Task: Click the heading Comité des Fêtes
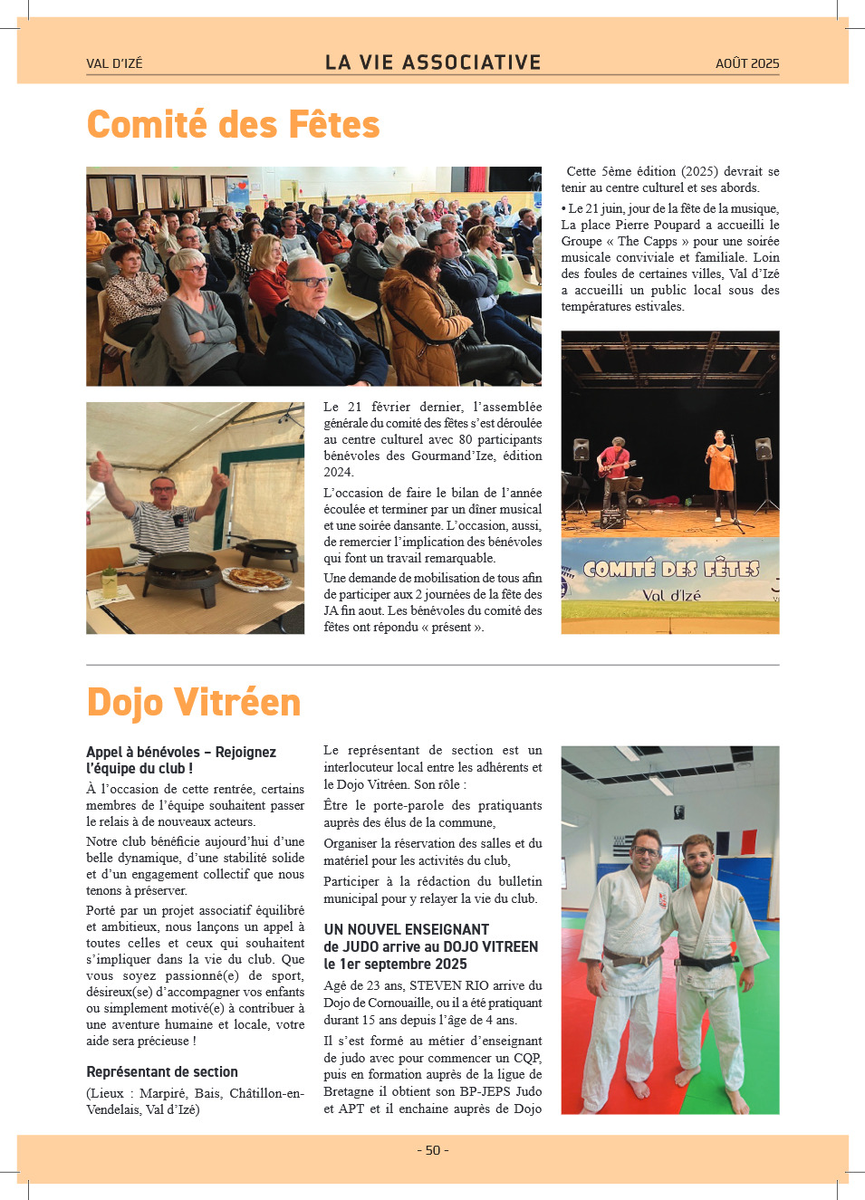[x=233, y=125]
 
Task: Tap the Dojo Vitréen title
[x=193, y=703]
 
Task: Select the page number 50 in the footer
[x=433, y=1150]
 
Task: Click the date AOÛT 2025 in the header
[x=746, y=63]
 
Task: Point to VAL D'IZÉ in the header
[x=114, y=63]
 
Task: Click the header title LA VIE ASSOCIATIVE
[x=433, y=62]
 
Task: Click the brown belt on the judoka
[x=633, y=955]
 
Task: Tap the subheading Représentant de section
[x=162, y=1072]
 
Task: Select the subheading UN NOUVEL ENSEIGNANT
[x=406, y=930]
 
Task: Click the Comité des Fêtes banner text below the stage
[x=670, y=570]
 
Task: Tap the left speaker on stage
[x=581, y=450]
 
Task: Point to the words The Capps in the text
[x=647, y=241]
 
